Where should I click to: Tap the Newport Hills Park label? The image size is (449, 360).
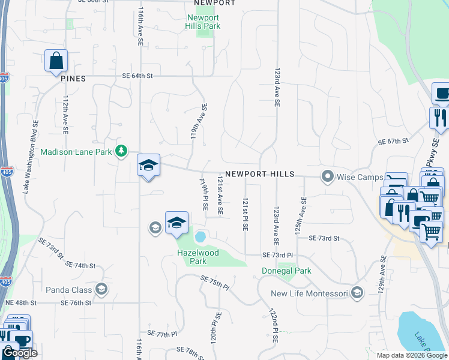[x=203, y=22]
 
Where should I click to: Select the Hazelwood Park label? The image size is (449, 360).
[x=198, y=257]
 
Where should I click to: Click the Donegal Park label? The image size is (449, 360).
[x=286, y=271]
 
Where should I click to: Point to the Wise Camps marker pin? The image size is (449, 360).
[x=327, y=177]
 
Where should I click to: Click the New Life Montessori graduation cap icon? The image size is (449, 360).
[x=357, y=293]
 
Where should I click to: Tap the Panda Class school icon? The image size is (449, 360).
[x=101, y=290]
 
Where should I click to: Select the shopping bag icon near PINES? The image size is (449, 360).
[x=56, y=61]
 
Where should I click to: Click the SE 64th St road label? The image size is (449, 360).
[x=137, y=76]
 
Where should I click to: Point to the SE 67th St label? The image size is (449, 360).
[x=393, y=142]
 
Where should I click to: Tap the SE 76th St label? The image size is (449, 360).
[x=76, y=303]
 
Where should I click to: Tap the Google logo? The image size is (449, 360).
[x=20, y=353]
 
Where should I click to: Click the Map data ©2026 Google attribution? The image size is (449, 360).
[x=411, y=355]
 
